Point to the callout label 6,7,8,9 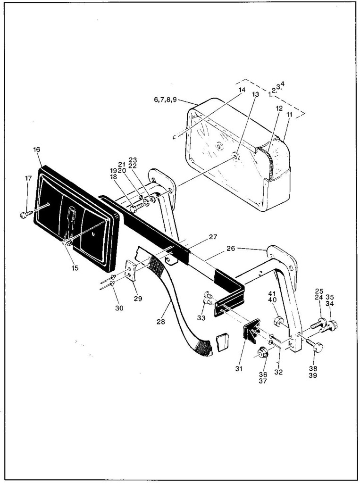click(165, 100)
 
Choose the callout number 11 click(289, 115)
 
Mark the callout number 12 click(279, 108)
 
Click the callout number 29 click(137, 298)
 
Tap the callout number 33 click(201, 318)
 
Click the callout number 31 click(239, 368)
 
